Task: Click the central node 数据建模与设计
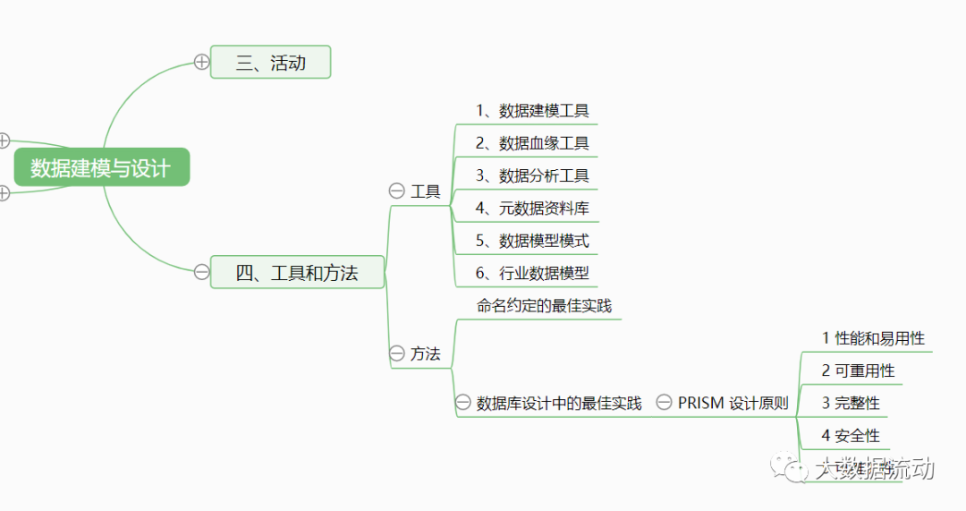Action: (101, 167)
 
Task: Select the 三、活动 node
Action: (270, 63)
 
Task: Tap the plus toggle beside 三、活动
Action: (201, 62)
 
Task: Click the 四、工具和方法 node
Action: (297, 273)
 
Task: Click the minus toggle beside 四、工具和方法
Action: (201, 272)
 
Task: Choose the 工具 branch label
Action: (426, 191)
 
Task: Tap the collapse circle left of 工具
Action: (396, 191)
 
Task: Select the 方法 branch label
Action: (426, 353)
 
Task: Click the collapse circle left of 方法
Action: (396, 353)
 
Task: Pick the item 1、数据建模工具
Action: (532, 111)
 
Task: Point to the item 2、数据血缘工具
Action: (532, 143)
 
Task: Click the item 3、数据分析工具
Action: (532, 175)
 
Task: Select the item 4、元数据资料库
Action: (532, 209)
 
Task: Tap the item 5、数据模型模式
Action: (532, 241)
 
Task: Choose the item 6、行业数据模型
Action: (532, 273)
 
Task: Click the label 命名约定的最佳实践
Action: (544, 305)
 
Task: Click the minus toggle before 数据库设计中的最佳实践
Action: (462, 403)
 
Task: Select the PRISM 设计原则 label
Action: (733, 403)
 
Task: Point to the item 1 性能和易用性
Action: (873, 338)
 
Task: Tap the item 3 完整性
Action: (851, 403)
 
